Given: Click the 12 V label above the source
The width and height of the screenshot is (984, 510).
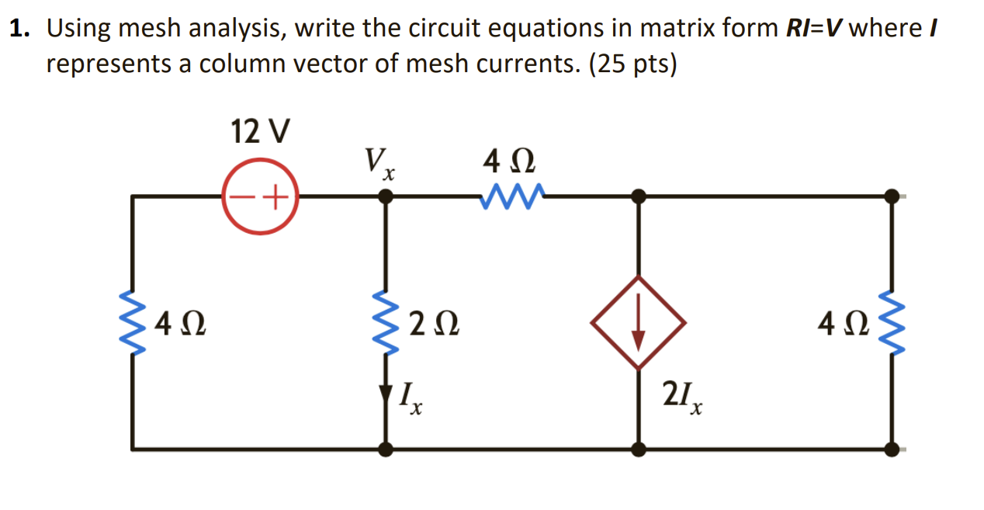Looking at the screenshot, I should point(260,132).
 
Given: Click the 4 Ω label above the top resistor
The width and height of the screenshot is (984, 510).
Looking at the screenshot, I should point(508,163).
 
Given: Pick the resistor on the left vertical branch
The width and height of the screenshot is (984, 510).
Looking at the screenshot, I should point(133,322).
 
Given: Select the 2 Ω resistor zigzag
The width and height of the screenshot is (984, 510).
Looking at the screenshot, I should point(386,322).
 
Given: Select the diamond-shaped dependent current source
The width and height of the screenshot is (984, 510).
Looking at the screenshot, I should point(638,322).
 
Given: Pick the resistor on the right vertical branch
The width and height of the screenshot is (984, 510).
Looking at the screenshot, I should point(892,322).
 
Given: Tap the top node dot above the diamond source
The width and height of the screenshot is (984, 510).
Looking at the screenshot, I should point(638,197).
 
